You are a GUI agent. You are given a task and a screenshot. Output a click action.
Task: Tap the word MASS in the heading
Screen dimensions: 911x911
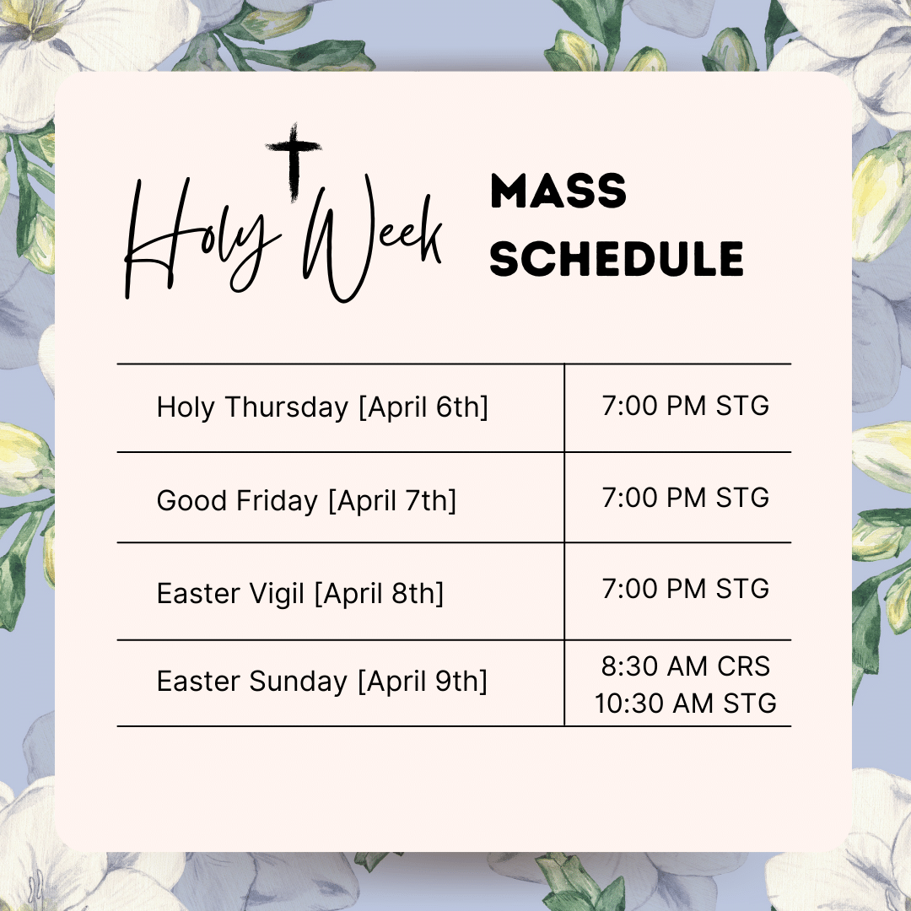pos(558,191)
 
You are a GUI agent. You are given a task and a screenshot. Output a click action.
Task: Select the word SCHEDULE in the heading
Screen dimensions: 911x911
pos(617,259)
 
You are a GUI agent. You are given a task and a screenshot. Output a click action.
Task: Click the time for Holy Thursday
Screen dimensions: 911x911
pos(686,406)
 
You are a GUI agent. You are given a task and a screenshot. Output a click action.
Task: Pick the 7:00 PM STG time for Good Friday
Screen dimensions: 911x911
pos(686,498)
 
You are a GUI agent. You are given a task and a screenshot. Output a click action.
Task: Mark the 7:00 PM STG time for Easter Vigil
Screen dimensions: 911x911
pos(686,589)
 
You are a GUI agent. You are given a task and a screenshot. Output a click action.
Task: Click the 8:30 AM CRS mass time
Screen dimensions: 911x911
pos(686,666)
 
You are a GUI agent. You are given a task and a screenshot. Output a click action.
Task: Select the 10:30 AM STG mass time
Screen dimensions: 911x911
pos(686,703)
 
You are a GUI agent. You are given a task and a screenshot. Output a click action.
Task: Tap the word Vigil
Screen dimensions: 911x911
pos(277,594)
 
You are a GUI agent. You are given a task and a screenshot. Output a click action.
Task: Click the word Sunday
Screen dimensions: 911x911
pos(298,682)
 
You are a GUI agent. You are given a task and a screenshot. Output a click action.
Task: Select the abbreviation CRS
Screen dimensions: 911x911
pos(744,666)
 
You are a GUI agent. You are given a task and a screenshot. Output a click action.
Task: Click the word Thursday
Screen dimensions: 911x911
pos(287,407)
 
